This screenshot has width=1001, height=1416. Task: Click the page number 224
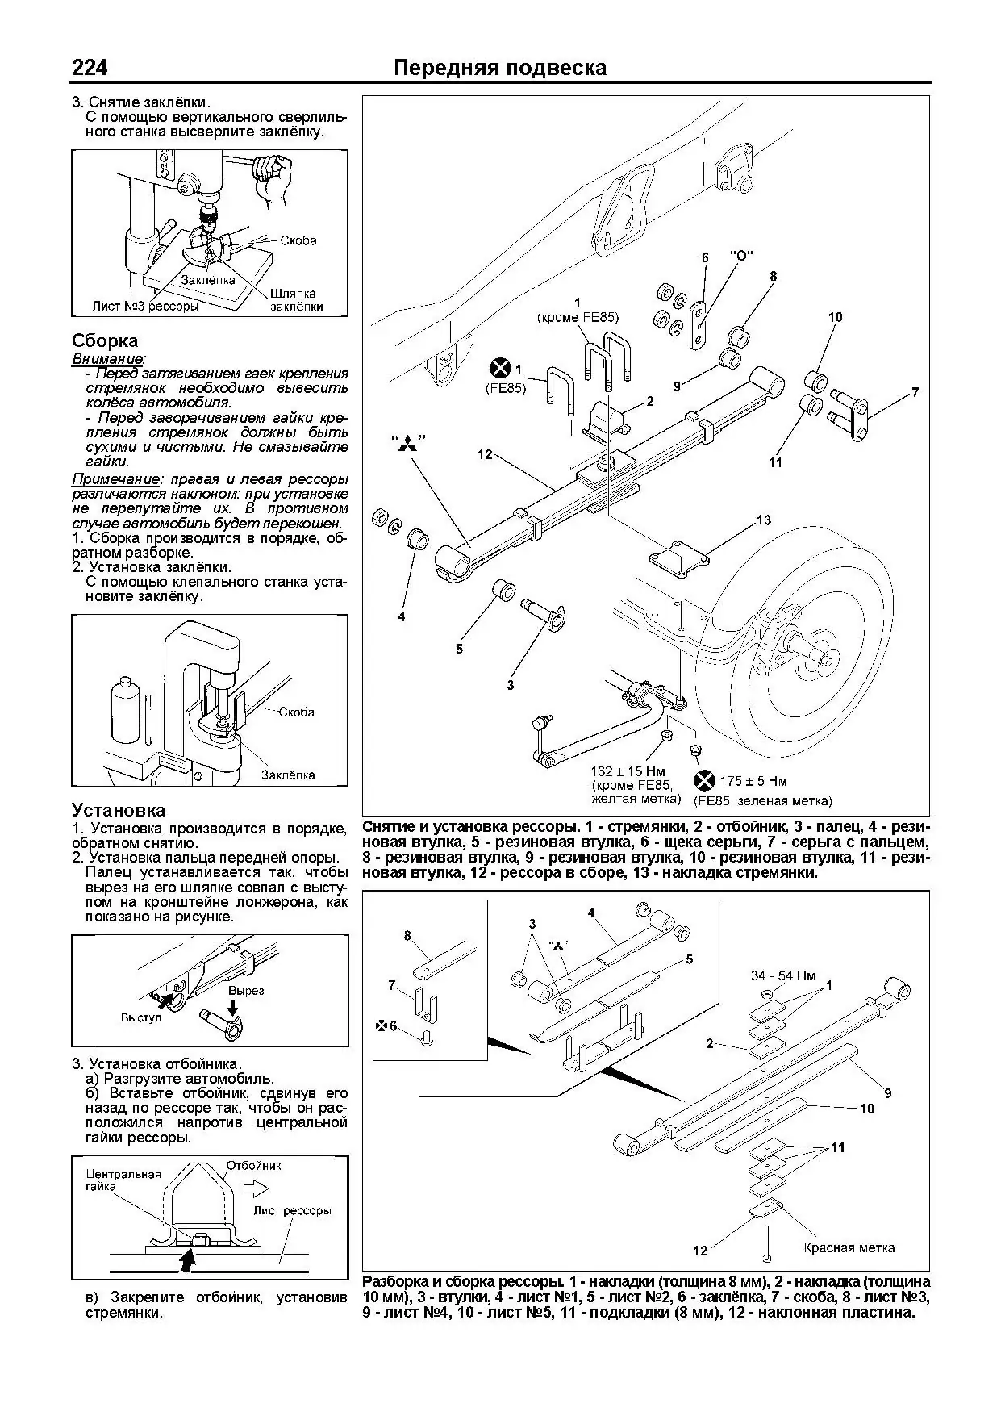[90, 68]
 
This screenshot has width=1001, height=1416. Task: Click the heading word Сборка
[105, 340]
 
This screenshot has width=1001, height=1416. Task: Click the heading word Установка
[119, 810]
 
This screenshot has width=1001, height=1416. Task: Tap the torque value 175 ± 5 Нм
[754, 781]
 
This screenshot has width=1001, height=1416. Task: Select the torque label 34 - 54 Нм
[783, 975]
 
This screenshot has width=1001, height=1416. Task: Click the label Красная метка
[849, 1247]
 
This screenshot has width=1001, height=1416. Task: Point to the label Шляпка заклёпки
[293, 299]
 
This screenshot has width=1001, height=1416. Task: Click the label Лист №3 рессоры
[145, 307]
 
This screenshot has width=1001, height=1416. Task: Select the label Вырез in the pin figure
[246, 990]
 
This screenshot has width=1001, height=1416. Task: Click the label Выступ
[140, 1017]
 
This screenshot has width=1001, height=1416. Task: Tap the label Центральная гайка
[123, 1180]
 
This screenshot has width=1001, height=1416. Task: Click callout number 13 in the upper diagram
[763, 520]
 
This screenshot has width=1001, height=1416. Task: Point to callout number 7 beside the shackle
[915, 393]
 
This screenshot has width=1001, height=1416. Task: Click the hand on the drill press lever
[269, 169]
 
